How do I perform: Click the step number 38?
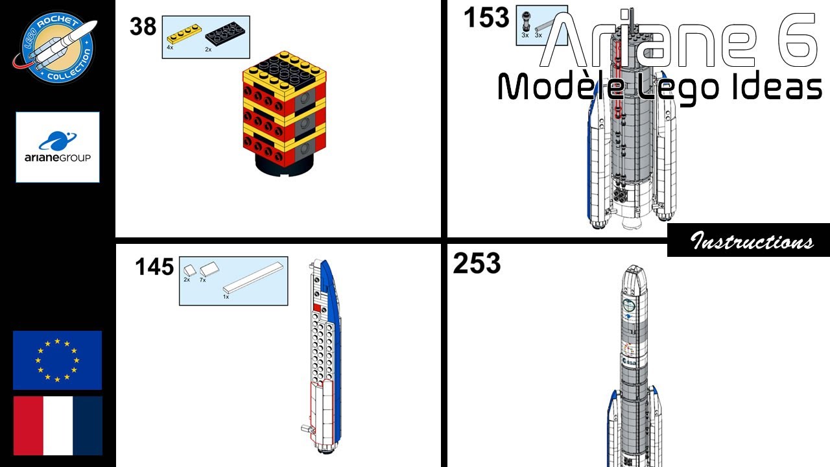click(143, 27)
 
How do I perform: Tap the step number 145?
click(154, 267)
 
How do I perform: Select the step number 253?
click(477, 264)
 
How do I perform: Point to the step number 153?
click(487, 19)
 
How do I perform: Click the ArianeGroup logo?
click(58, 147)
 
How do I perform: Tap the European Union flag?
click(58, 360)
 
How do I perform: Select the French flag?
click(58, 425)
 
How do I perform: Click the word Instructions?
click(752, 241)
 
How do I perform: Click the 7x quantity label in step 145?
click(202, 280)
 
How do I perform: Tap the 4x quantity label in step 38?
click(170, 47)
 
